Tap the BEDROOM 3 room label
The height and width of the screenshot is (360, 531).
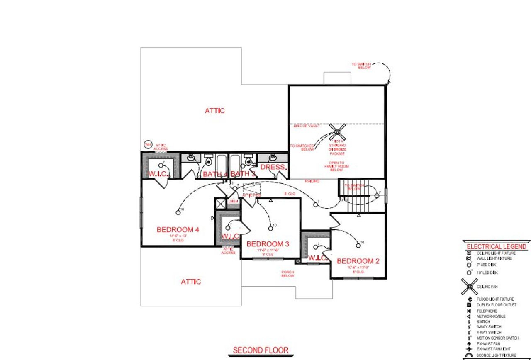[x=268, y=244]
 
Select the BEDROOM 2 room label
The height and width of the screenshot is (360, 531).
[x=358, y=261]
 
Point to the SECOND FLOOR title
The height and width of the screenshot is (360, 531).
[x=261, y=350]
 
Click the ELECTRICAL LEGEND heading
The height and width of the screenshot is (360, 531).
[x=497, y=246]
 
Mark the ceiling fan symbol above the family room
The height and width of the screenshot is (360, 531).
[x=338, y=133]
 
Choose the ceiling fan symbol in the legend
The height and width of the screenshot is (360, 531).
[x=469, y=286]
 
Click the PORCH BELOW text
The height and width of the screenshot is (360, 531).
[x=287, y=274]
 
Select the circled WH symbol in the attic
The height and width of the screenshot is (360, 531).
[x=147, y=144]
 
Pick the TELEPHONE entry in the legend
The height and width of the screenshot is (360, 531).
[x=487, y=311]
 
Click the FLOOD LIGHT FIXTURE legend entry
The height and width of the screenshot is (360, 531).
[x=495, y=299]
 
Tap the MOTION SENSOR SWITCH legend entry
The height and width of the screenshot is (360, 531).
[x=497, y=338]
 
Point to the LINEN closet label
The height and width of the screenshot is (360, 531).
[x=233, y=202]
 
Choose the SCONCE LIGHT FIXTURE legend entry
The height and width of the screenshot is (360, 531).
[x=496, y=355]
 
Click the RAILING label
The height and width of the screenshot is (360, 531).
[x=312, y=181]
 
